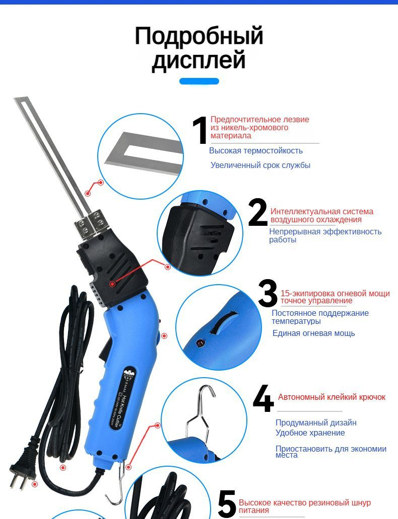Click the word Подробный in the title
pyautogui.click(x=199, y=36)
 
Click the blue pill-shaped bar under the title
pyautogui.click(x=199, y=81)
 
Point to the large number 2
pyautogui.click(x=258, y=212)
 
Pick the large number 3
pyautogui.click(x=268, y=293)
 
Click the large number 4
pyautogui.click(x=263, y=398)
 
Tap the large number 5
pyautogui.click(x=227, y=505)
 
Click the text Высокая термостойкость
pyautogui.click(x=256, y=151)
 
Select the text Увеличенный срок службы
pyautogui.click(x=260, y=165)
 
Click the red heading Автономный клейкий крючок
pyautogui.click(x=331, y=397)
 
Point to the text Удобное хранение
pyautogui.click(x=310, y=433)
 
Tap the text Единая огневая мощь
pyautogui.click(x=314, y=333)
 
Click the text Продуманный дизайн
pyautogui.click(x=316, y=422)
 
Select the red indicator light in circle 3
pyautogui.click(x=200, y=343)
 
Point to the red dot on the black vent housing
pyautogui.click(x=112, y=284)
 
